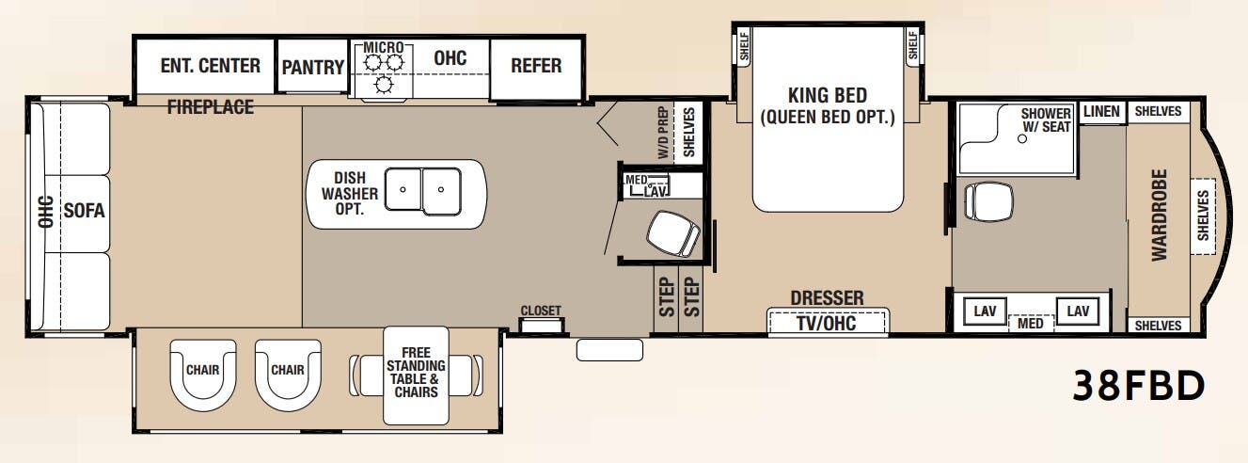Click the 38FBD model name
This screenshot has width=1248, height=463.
(x=1139, y=386)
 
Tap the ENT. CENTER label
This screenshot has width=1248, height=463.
(x=210, y=66)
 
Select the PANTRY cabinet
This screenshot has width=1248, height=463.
(x=312, y=66)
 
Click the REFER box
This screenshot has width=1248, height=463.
(x=536, y=67)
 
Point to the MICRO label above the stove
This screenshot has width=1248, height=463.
(x=384, y=47)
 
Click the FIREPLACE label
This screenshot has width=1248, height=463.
(x=211, y=107)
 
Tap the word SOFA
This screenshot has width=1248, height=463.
(x=84, y=211)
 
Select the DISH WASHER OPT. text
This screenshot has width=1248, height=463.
(x=349, y=193)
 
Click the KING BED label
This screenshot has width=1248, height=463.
(x=828, y=95)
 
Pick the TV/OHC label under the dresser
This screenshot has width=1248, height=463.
(x=827, y=323)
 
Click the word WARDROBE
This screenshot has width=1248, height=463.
(x=1160, y=216)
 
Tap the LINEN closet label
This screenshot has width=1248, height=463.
(x=1101, y=111)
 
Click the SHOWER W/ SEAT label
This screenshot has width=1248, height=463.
(x=1046, y=120)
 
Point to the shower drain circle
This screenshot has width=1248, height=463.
(x=1021, y=138)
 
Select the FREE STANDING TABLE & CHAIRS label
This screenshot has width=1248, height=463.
(x=416, y=372)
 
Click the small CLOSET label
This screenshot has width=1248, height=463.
(x=541, y=311)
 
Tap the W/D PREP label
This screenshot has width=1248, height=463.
(x=663, y=132)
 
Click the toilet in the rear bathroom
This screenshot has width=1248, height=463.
(x=987, y=201)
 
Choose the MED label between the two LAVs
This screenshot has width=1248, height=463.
(x=1030, y=323)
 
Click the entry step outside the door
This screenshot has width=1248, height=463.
(x=609, y=350)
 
